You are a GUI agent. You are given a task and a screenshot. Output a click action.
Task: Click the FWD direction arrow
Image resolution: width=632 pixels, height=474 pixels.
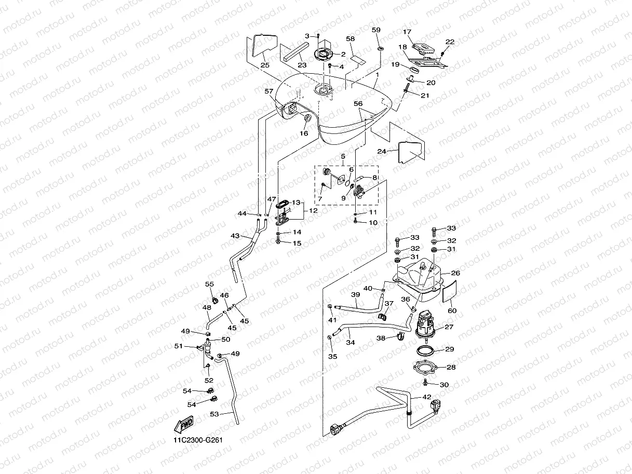click(183, 424)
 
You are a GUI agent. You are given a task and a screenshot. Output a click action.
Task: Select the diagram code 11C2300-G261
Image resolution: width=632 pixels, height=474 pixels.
click(198, 440)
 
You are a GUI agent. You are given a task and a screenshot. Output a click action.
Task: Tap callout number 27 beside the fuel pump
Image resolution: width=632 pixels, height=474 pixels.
click(449, 327)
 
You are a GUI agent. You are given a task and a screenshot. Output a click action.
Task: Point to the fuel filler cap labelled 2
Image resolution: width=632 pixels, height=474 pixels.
click(322, 55)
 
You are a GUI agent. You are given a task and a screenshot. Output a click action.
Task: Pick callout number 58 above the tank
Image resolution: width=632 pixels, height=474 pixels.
click(351, 38)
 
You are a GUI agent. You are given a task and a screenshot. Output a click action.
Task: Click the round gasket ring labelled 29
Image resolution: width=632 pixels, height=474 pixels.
click(425, 351)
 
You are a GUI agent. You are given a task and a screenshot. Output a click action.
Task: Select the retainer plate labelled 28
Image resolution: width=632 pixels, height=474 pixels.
click(425, 368)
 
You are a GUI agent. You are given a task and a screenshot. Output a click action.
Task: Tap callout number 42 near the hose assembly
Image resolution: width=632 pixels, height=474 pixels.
click(427, 397)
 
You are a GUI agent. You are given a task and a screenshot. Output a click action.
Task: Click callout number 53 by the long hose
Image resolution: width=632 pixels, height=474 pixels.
click(214, 414)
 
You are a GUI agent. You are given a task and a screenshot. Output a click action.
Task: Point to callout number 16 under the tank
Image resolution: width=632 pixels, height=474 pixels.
click(304, 133)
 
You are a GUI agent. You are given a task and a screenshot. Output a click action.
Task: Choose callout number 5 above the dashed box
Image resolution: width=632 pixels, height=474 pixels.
click(343, 156)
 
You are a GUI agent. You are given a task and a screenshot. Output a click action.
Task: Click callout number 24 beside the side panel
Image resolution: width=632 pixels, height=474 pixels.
click(382, 151)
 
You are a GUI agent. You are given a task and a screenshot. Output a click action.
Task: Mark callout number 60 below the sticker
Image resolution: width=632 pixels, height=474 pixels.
click(452, 310)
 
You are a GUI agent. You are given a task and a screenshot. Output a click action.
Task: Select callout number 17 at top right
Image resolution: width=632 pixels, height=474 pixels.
click(407, 32)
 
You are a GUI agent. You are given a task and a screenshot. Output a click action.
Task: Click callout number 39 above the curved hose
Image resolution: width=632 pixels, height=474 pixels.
click(356, 294)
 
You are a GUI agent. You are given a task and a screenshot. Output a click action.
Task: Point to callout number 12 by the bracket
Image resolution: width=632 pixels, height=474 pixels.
click(313, 210)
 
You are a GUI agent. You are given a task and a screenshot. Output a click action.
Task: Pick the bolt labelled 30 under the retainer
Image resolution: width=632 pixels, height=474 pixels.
click(425, 383)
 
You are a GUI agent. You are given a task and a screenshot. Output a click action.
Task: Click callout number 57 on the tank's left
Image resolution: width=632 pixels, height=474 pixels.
click(268, 91)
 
